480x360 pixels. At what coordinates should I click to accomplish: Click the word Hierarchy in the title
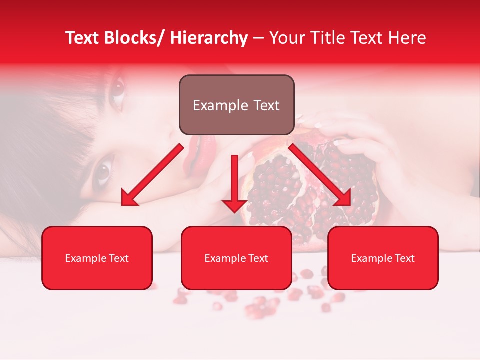209,38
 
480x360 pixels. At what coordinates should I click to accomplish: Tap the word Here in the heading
407,38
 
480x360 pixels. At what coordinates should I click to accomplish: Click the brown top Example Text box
236,105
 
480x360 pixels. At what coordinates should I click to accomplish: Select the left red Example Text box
97,258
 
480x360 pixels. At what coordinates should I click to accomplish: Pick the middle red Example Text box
236,258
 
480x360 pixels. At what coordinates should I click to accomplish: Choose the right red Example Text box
383,258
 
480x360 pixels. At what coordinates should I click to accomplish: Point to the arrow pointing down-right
320,174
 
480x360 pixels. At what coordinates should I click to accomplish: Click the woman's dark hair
40,150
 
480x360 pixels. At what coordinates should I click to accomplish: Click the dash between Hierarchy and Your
258,38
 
